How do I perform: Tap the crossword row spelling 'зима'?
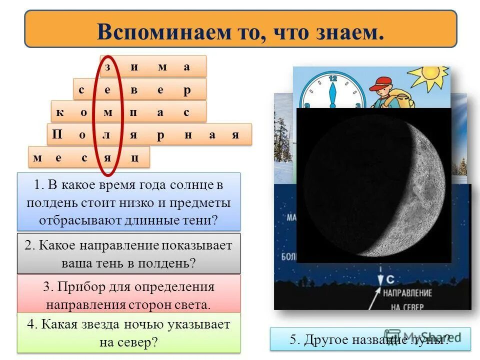tap(153, 66)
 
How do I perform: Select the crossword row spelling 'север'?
tap(139, 89)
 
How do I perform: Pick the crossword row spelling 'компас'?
tap(128, 112)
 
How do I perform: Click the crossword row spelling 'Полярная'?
tap(149, 135)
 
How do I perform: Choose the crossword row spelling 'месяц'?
tap(89, 157)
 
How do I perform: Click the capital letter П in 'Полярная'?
tap(57, 135)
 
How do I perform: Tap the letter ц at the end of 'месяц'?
tap(134, 158)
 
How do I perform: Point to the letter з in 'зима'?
tap(107, 67)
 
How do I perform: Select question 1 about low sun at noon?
tap(128, 202)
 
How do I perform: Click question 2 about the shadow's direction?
tap(128, 254)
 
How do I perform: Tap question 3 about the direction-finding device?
tap(128, 295)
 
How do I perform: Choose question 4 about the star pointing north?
tap(128, 332)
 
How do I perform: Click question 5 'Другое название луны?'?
tap(370, 339)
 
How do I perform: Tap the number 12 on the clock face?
tap(333, 78)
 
